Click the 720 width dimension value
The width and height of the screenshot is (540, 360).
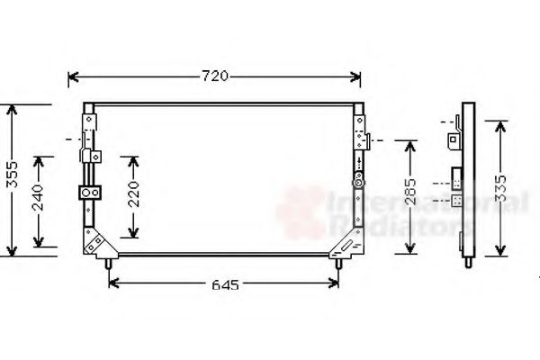coord(216,77)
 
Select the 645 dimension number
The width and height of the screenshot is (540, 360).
coord(225,285)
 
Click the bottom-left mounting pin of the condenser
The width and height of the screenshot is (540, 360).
coord(110,263)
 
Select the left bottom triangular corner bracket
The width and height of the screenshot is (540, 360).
coord(95,241)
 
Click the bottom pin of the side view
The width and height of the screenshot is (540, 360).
coord(468,264)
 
